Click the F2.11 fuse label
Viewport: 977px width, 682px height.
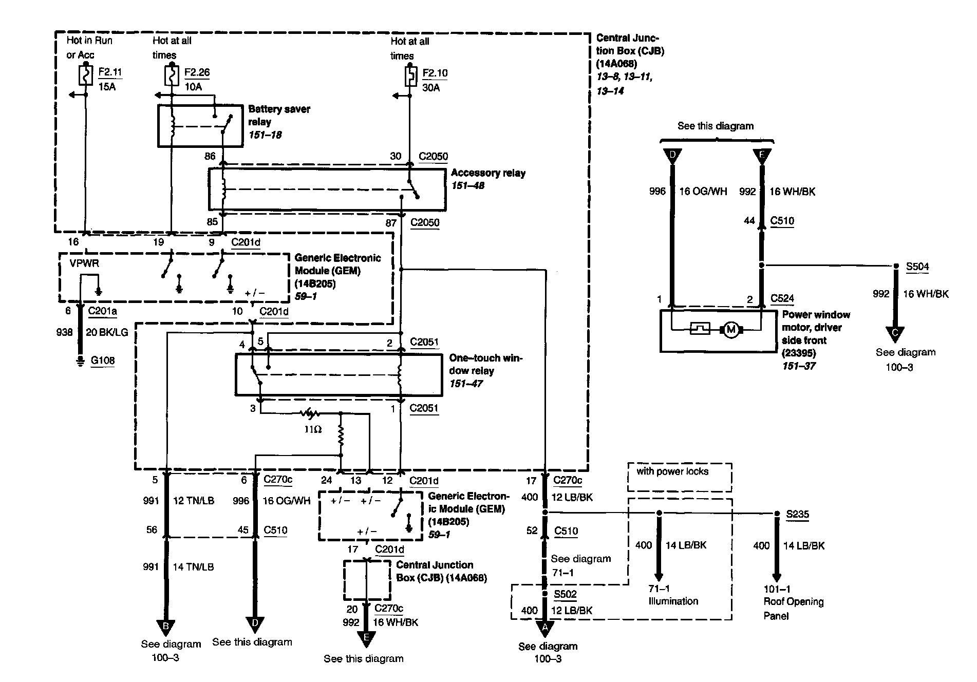(110, 72)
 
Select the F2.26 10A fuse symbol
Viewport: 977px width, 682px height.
(172, 76)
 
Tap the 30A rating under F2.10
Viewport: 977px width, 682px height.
(431, 88)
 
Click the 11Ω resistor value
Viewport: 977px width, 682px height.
(312, 429)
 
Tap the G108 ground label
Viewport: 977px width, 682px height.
(102, 361)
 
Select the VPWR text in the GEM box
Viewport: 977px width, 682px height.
(84, 263)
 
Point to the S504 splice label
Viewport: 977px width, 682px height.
(917, 267)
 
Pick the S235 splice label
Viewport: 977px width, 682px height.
(798, 514)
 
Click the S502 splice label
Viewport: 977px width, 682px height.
(565, 594)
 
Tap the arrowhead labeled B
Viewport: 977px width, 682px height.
(165, 627)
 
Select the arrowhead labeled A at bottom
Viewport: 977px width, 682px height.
(545, 628)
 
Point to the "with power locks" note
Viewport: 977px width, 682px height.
(672, 471)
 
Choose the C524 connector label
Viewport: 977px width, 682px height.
(782, 299)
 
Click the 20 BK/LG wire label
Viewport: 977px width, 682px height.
(106, 332)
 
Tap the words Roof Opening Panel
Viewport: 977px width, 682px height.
(793, 609)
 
